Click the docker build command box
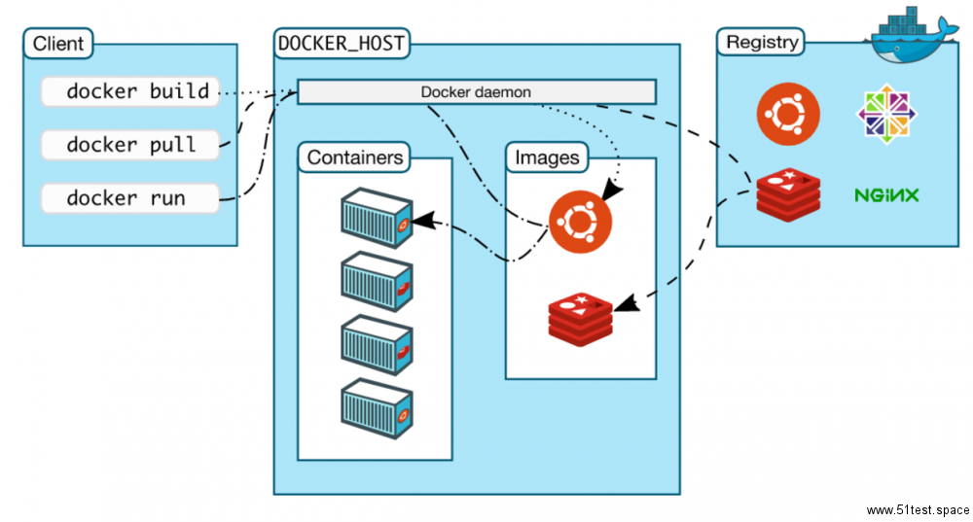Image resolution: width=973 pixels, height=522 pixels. (x=130, y=92)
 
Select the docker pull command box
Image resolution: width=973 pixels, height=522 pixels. (x=130, y=145)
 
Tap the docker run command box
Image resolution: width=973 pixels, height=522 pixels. (x=130, y=198)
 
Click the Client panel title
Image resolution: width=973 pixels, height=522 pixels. (x=58, y=44)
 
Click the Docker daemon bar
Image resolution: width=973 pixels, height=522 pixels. (x=476, y=92)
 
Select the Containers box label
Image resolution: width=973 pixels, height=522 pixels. (x=354, y=157)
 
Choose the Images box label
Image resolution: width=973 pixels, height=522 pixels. (x=547, y=157)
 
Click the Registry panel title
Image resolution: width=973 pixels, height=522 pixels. (x=763, y=43)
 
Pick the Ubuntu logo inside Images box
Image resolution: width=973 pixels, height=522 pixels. (x=580, y=222)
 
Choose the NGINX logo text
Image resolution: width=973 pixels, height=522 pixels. (x=886, y=195)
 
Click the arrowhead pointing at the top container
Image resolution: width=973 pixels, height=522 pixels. (x=420, y=223)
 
